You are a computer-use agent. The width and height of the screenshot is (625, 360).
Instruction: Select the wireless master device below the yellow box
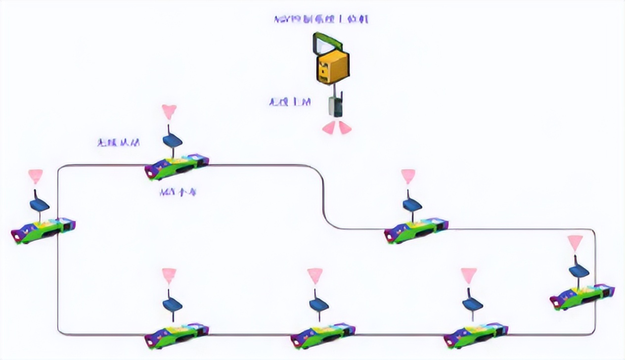336,106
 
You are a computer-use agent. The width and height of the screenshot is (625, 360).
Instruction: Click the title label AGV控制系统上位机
321,19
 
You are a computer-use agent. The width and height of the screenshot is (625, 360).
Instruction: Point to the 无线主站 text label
290,102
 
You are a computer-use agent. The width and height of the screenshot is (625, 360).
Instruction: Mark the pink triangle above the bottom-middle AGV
314,275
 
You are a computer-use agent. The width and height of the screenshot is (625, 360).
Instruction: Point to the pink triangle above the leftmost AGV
35,176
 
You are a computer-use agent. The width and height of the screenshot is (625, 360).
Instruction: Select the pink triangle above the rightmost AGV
575,243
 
